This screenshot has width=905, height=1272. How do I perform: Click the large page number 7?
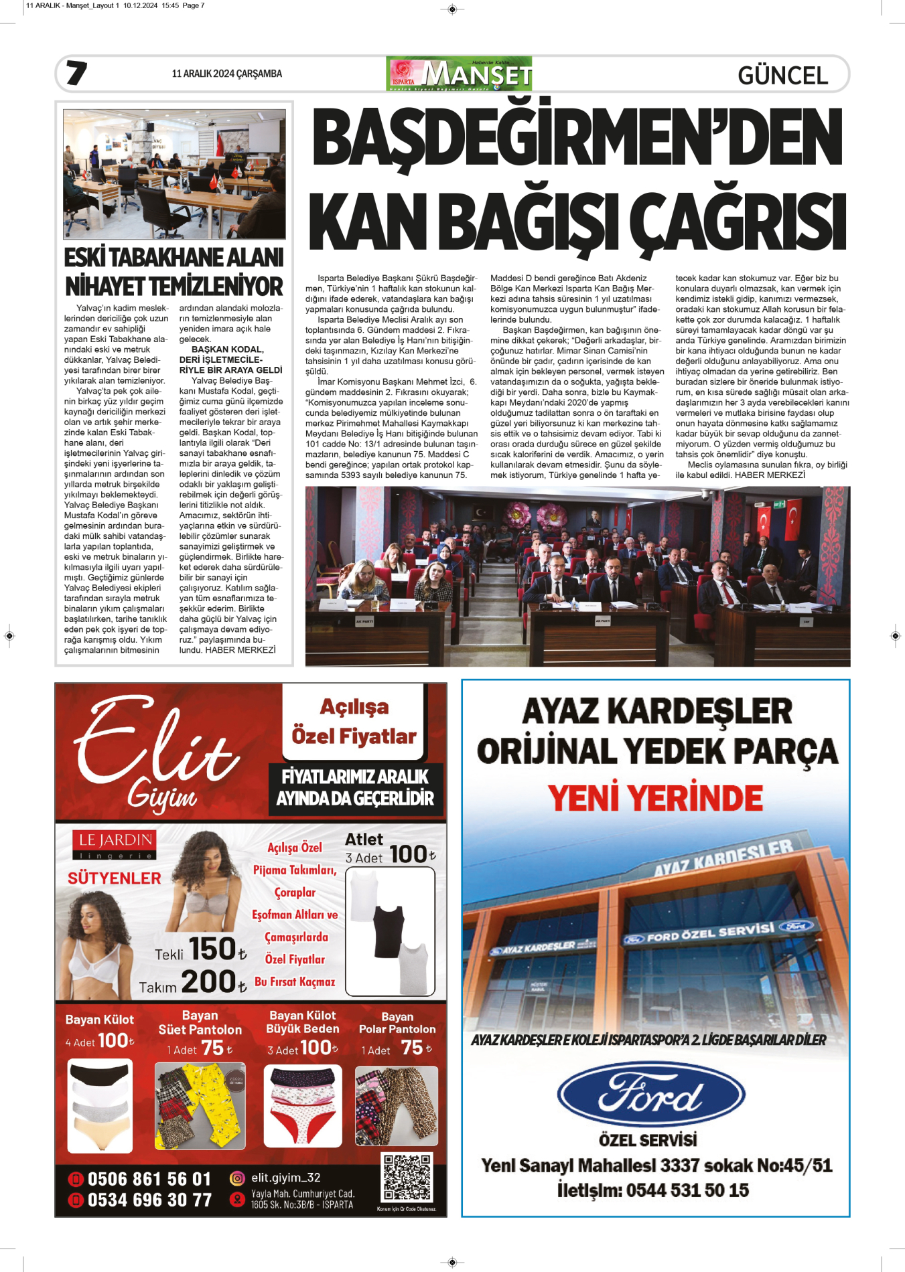(76, 73)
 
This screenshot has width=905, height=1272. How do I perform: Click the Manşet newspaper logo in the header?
(460, 74)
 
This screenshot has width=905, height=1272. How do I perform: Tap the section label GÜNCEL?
(782, 75)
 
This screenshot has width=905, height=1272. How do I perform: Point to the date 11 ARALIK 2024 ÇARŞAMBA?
(226, 74)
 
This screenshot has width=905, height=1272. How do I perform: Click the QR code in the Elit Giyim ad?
(407, 1178)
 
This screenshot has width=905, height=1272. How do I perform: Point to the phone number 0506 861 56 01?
(149, 1179)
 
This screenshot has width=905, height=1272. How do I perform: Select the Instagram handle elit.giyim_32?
(285, 1178)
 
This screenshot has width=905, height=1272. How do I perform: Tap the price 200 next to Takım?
(208, 982)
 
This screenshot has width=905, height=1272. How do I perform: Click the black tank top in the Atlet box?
(388, 931)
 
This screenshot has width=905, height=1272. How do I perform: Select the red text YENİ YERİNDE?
(655, 798)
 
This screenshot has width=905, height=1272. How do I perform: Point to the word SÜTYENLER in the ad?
(115, 878)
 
